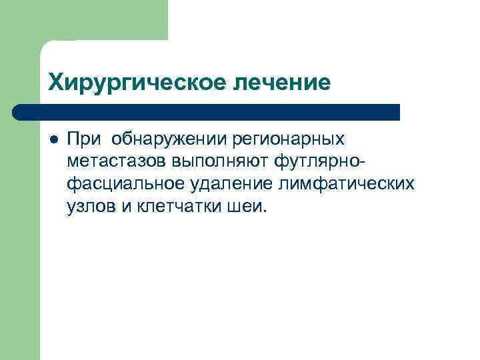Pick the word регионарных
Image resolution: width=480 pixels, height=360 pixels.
288,139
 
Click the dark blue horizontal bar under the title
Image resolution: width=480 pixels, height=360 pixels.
207,112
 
